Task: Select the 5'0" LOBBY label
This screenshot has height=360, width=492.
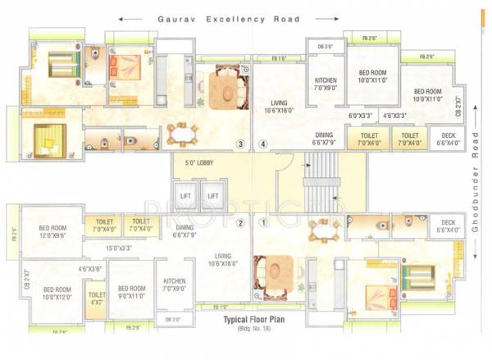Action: point(199,163)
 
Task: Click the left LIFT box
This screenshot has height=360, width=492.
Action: point(185,197)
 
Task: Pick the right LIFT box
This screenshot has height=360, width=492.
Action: point(212,197)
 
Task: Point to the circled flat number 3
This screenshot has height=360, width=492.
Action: point(240,145)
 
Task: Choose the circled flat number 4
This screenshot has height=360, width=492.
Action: point(263,145)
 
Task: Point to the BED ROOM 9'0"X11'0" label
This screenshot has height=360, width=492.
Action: point(131,293)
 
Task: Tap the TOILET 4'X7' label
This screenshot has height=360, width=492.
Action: point(97,298)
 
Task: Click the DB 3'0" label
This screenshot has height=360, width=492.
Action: point(326,46)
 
